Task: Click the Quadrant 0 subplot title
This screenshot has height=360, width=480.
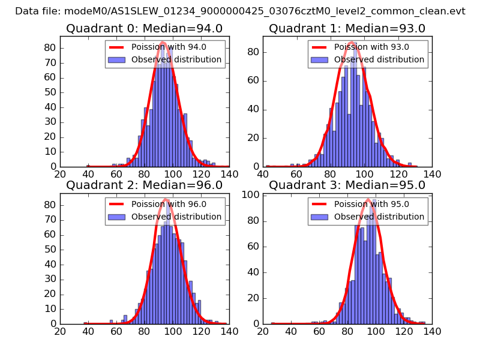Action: coord(144,28)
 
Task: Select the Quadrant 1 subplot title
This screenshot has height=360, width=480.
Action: coord(347,28)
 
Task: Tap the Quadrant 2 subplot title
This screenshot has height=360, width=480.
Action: coord(144,185)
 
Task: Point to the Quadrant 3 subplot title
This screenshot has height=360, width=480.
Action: coord(347,185)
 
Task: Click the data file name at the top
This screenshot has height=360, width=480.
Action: coord(240,11)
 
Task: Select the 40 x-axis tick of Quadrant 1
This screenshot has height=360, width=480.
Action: coord(263,174)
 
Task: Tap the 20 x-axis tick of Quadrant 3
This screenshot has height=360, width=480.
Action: coord(263,331)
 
